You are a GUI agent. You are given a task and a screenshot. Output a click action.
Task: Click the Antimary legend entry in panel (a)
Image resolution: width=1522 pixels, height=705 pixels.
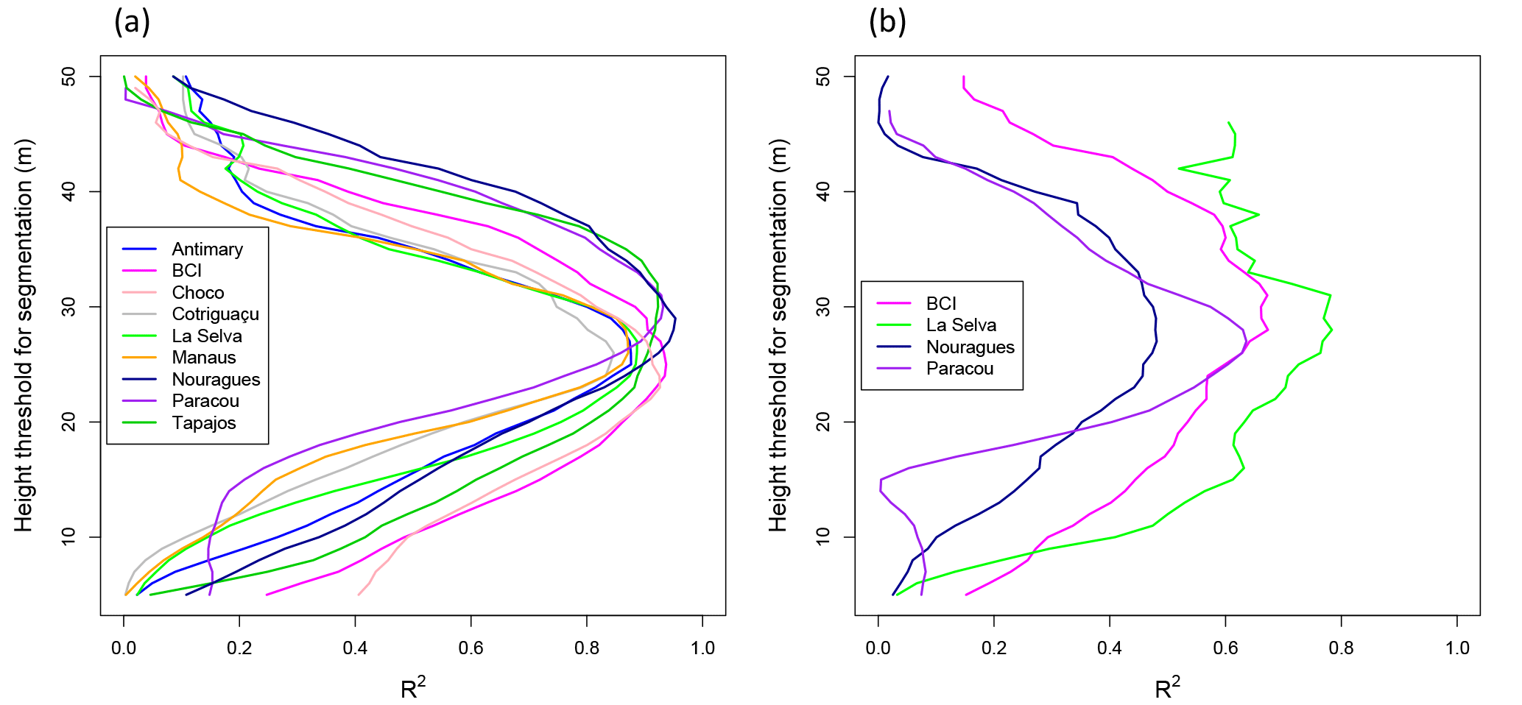(x=207, y=249)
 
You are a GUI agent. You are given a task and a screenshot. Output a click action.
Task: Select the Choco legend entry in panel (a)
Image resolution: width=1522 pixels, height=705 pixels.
(x=197, y=293)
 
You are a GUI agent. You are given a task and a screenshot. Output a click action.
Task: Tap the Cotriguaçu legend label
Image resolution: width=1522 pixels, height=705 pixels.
(x=215, y=314)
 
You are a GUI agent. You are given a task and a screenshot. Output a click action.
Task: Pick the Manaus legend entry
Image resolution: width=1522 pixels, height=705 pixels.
(x=203, y=358)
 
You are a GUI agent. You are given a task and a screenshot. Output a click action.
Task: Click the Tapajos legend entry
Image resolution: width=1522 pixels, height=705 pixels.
(x=203, y=423)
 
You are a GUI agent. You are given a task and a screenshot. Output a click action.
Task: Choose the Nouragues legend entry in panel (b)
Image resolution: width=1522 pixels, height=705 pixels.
(x=970, y=347)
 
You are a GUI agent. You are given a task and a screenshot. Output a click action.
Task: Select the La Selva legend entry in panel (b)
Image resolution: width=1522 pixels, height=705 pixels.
(x=960, y=325)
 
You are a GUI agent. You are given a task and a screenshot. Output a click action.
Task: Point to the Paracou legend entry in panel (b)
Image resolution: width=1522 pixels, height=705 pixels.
(x=959, y=369)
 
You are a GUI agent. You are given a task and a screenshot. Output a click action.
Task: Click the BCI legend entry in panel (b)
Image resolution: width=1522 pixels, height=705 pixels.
(x=940, y=304)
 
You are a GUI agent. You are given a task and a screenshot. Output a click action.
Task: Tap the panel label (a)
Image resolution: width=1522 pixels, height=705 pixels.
(x=132, y=22)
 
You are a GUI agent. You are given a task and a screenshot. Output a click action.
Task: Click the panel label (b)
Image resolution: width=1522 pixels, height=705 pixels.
(x=887, y=22)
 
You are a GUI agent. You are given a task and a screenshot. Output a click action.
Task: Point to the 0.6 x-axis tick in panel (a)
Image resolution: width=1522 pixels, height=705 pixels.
(x=471, y=648)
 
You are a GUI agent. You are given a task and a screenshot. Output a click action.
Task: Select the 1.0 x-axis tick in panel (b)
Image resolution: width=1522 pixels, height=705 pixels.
(x=1456, y=648)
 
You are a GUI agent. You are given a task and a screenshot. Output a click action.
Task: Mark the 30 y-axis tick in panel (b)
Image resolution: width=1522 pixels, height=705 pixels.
(x=823, y=307)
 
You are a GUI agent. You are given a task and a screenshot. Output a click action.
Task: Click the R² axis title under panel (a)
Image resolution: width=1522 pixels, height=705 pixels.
(x=413, y=688)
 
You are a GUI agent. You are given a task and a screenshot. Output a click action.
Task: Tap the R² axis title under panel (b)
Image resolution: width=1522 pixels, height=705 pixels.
(x=1167, y=688)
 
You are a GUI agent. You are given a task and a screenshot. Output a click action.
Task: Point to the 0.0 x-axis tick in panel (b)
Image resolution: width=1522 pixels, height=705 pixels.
(x=878, y=648)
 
